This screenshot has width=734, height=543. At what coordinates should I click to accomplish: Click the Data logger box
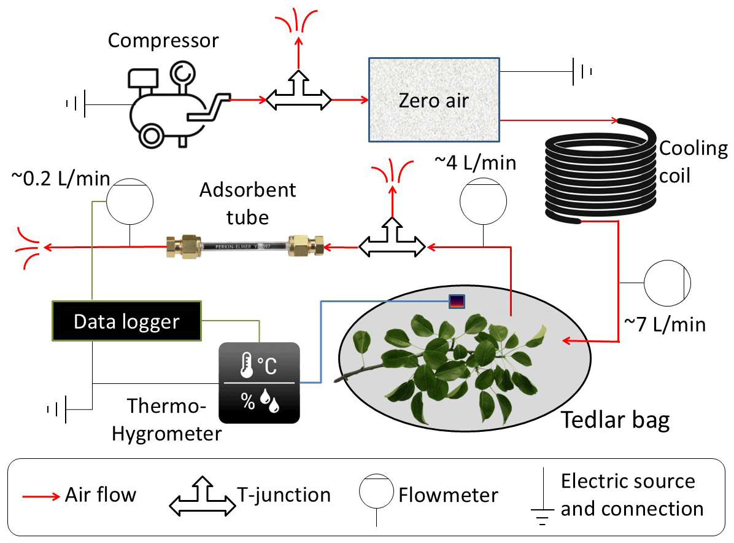click(x=127, y=321)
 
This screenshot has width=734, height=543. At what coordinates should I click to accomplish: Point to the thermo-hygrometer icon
click(x=260, y=382)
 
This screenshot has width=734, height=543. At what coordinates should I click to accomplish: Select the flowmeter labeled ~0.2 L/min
click(x=129, y=201)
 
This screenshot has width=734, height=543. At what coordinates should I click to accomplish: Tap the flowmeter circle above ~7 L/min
click(x=667, y=283)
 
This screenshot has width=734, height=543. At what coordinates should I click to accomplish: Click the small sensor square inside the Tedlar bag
click(x=457, y=301)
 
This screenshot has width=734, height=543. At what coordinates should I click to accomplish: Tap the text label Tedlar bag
click(x=615, y=421)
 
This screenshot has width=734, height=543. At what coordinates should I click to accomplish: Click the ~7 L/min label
click(x=665, y=324)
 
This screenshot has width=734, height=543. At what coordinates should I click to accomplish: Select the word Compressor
click(x=163, y=41)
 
